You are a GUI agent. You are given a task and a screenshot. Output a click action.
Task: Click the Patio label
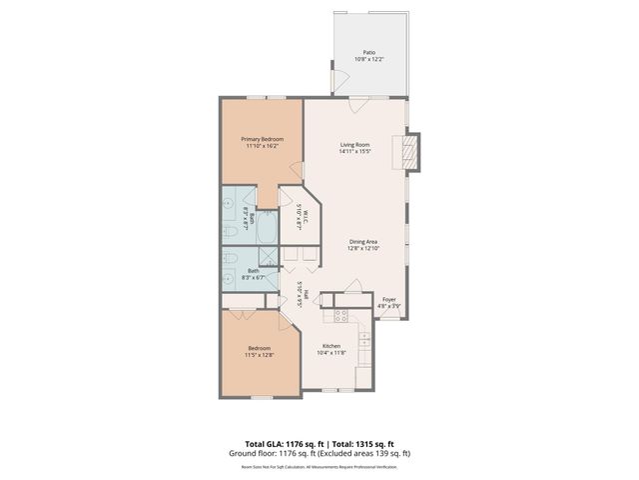click(x=368, y=53)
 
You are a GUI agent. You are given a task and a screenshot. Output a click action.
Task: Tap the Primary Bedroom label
click(x=263, y=139)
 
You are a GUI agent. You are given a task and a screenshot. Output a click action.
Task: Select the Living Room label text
click(x=354, y=145)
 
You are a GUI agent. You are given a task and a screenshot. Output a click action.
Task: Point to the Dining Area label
click(x=363, y=241)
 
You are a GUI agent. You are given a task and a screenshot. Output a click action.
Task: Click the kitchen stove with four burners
click(x=339, y=317)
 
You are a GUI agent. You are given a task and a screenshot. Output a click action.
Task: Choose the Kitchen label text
click(x=330, y=346)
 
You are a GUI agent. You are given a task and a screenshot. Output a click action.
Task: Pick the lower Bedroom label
click(x=259, y=349)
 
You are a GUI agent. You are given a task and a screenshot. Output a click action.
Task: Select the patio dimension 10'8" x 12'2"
click(x=368, y=60)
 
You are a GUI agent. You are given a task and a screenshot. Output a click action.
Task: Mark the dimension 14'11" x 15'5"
click(x=354, y=152)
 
